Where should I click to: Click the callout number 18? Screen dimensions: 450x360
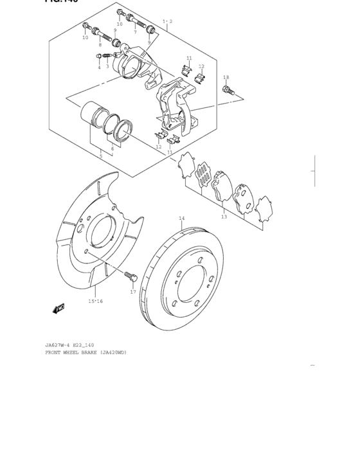tap(226, 78)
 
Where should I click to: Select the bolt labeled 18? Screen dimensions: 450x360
tap(228, 92)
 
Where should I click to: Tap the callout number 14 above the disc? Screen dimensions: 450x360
tap(181, 219)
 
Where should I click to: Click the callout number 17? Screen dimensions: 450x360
tap(133, 292)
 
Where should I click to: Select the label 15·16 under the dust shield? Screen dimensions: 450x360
tap(95, 301)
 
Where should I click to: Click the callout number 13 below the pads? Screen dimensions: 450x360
tap(224, 217)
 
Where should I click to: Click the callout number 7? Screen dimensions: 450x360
tap(135, 32)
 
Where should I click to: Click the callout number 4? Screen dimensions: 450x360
tap(99, 67)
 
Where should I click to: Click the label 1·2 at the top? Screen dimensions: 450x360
tap(167, 21)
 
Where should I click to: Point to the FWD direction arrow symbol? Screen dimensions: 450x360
tap(59, 309)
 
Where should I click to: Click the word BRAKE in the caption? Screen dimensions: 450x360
tap(87, 352)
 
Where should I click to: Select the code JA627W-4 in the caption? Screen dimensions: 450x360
tap(59, 345)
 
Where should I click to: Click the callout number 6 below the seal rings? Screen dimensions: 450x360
tap(113, 148)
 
